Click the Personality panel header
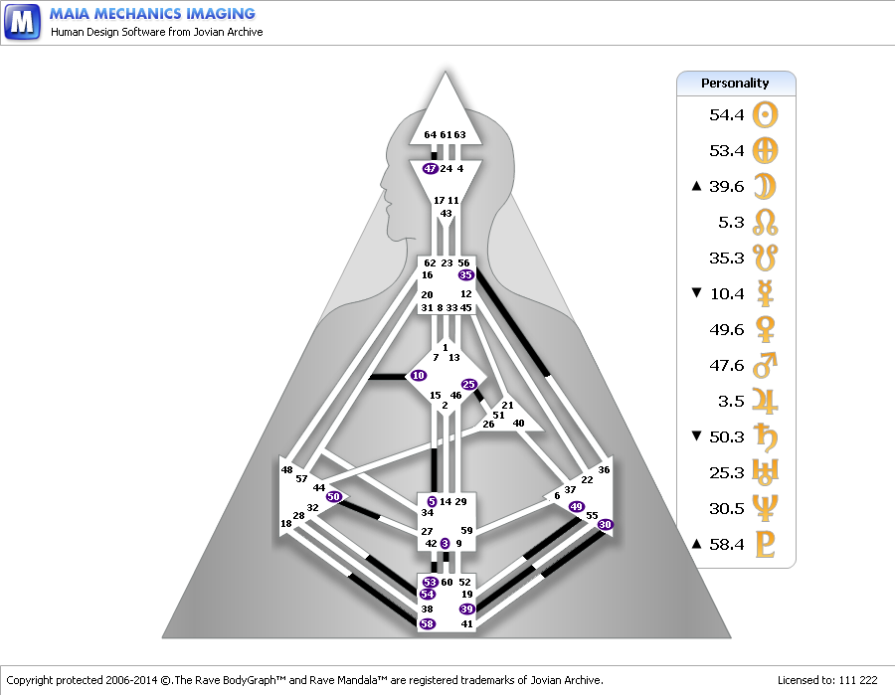click(x=736, y=83)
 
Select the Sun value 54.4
click(x=727, y=115)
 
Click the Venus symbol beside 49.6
click(x=765, y=330)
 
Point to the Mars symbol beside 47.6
click(x=765, y=366)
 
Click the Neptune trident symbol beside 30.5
click(x=765, y=509)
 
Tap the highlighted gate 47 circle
click(x=430, y=169)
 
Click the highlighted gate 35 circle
click(x=466, y=274)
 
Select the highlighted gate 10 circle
click(x=418, y=376)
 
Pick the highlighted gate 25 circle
click(x=469, y=384)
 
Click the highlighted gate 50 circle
click(x=334, y=496)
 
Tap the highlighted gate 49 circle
click(x=576, y=507)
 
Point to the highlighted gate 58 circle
click(x=428, y=623)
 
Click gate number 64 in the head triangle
click(x=430, y=135)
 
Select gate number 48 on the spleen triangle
click(x=287, y=470)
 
